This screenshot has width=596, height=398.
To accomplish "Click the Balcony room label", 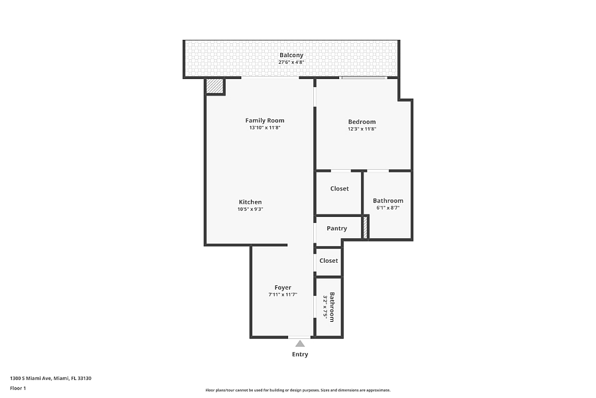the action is (x=291, y=55).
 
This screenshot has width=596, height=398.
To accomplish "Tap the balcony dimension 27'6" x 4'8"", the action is (x=291, y=62).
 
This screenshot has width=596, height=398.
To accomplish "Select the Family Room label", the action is (x=264, y=120).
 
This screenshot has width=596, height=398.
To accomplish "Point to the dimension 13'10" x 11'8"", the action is (x=264, y=127).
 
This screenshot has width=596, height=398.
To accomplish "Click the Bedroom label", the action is (x=362, y=122).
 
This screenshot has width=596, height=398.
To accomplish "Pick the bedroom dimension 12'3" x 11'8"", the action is (x=362, y=129).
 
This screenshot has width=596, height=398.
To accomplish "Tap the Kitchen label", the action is (x=250, y=202).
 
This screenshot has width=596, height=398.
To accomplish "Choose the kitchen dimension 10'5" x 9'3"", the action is (x=250, y=209).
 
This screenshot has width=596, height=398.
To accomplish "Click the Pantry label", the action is (x=337, y=228).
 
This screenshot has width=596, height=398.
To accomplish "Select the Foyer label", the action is (x=283, y=287).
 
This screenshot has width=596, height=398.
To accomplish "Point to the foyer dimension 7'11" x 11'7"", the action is (x=283, y=295).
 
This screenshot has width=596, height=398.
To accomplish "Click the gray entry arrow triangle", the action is (x=300, y=344).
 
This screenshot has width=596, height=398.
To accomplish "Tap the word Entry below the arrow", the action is (x=300, y=354).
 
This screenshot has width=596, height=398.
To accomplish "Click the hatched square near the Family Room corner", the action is (x=214, y=86).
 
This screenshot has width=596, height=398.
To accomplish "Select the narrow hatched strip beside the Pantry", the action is (x=366, y=228).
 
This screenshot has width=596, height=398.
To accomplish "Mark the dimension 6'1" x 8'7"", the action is (x=387, y=208).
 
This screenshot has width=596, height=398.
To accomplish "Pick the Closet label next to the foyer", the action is (x=328, y=261).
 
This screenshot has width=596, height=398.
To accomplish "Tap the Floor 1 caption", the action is (x=18, y=389).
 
